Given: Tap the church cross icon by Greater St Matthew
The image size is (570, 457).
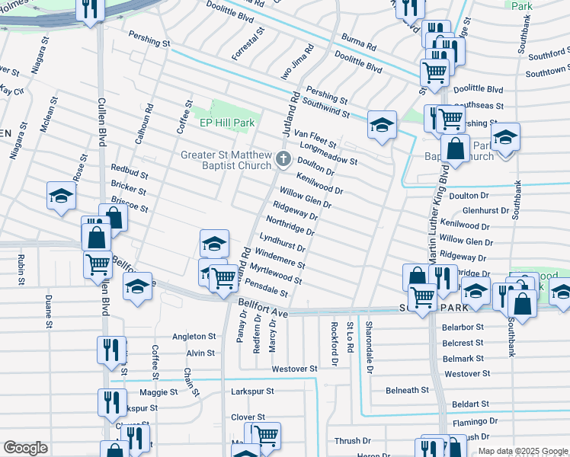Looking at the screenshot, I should [x=283, y=159].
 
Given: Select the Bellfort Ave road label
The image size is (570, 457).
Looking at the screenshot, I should [x=264, y=308].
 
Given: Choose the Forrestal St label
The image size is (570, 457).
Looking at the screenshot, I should [x=248, y=43].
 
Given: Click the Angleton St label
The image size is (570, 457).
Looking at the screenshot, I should [x=194, y=336].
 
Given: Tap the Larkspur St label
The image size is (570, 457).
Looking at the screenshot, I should [x=252, y=391].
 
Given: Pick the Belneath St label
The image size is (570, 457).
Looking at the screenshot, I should [x=407, y=390].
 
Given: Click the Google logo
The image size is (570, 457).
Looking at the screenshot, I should [x=25, y=448].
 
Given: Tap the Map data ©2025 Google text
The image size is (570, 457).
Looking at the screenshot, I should [x=522, y=451].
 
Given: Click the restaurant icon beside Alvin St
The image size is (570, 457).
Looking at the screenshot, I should [x=111, y=350].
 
